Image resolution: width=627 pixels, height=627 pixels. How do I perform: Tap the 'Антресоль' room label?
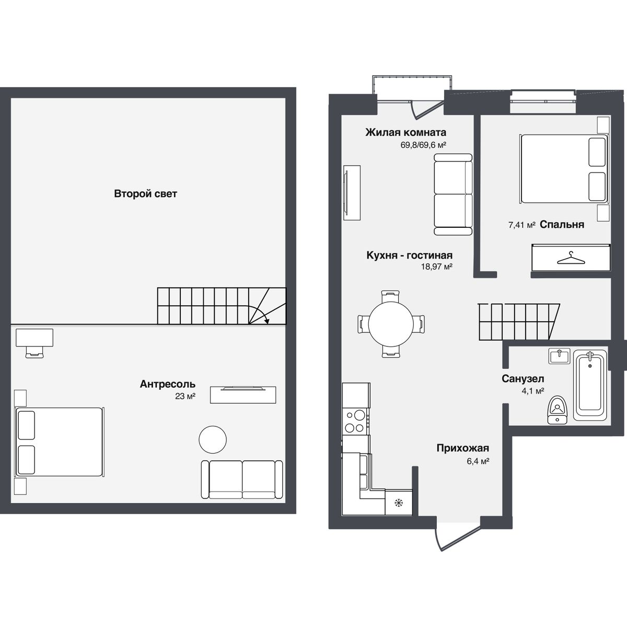167,385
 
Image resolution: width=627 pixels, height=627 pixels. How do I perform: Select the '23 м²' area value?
185,397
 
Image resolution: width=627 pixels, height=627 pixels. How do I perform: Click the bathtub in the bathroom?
590,386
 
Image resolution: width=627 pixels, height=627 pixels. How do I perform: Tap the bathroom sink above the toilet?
560,356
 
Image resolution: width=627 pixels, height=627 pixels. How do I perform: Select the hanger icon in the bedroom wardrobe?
571,258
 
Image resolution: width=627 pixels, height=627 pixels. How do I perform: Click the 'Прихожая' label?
462,448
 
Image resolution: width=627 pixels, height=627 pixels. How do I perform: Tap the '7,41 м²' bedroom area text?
522,225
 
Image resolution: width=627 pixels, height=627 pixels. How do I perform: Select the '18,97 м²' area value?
436,266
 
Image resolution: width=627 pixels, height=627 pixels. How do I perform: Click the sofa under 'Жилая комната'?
453,194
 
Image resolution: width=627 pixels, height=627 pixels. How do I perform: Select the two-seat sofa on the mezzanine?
241,480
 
